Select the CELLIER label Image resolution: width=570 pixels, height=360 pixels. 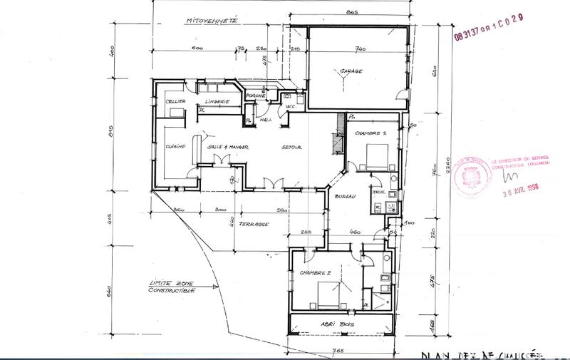[176, 103]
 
